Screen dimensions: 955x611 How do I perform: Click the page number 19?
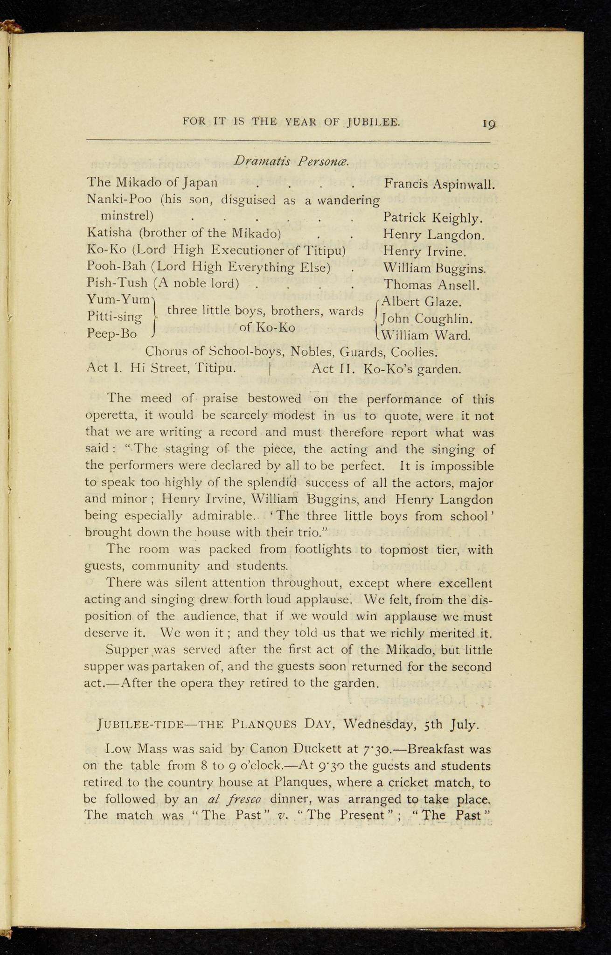click(x=489, y=124)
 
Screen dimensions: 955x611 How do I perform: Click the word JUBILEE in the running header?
click(x=374, y=122)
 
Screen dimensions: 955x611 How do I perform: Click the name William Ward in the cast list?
click(x=425, y=335)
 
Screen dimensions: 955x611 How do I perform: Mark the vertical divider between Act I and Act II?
click(x=270, y=369)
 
